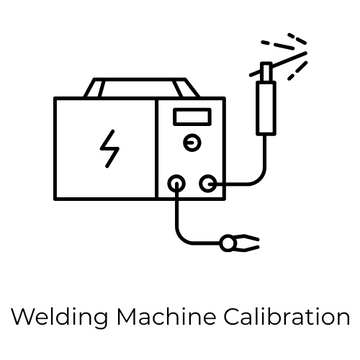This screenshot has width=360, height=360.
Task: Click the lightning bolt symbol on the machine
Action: pos(107,147)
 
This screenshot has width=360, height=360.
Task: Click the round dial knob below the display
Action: pos(190,145)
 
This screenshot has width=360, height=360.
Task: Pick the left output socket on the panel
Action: pos(177,183)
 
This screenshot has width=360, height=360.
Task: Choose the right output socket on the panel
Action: pos(207,183)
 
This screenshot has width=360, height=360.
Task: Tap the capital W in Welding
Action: pos(20,318)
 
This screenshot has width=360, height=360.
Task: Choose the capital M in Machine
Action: pos(127,318)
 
